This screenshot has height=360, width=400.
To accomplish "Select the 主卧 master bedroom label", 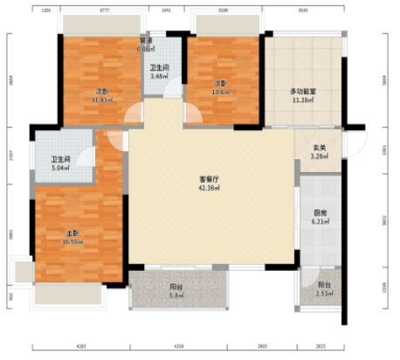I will pyautogui.click(x=73, y=233).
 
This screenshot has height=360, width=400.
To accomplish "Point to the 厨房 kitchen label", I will pyautogui.click(x=321, y=214).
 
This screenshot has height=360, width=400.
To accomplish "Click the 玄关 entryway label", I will pyautogui.click(x=321, y=148).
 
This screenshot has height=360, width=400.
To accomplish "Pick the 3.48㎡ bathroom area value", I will pyautogui.click(x=159, y=76).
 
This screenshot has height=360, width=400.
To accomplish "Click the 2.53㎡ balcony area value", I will pyautogui.click(x=324, y=294).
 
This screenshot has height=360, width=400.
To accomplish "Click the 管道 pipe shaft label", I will pyautogui.click(x=146, y=42).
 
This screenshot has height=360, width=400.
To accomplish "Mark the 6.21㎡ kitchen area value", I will pyautogui.click(x=321, y=223).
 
